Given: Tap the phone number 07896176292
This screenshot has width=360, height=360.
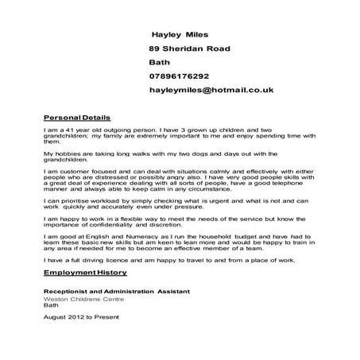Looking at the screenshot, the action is [x=179, y=76].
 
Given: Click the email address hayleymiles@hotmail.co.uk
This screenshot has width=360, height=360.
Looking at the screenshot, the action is [x=211, y=91].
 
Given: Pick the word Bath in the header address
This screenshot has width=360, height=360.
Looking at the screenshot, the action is [x=159, y=62].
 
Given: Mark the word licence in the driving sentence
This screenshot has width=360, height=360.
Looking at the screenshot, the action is [x=122, y=259].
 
